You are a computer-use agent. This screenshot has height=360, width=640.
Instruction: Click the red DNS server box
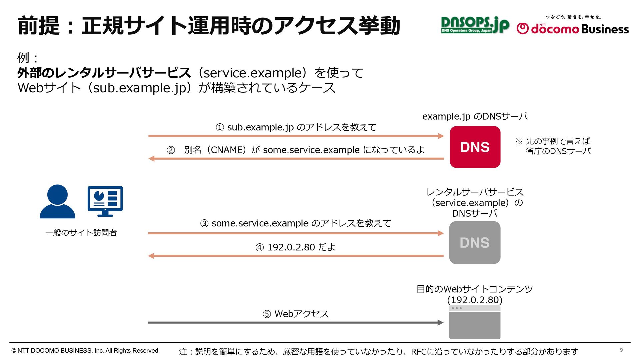475,147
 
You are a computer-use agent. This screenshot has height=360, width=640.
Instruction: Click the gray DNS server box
475,243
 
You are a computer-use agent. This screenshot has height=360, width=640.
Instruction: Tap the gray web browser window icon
475,322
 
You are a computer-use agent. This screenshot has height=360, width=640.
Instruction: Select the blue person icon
57,202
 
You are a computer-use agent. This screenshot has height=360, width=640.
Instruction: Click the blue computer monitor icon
105,201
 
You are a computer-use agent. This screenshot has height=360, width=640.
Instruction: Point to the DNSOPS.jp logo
475,25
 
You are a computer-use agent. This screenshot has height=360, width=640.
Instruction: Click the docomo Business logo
573,28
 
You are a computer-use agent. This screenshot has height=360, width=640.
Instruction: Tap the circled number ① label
220,128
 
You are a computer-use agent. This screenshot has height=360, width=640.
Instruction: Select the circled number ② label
171,150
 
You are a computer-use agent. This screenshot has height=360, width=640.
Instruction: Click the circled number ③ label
204,224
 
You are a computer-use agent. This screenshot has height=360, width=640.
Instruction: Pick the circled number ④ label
260,248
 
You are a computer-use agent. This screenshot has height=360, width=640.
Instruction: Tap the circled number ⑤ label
267,314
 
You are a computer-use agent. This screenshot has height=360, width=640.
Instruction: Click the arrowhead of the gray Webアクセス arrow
441,322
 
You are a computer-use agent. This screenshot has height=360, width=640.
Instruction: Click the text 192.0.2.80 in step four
291,247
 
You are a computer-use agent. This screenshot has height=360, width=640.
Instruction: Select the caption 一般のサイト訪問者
81,233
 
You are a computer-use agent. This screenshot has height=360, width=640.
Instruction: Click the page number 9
621,350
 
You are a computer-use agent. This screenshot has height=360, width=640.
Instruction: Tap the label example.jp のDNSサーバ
475,116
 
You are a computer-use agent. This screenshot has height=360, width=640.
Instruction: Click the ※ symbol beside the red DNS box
519,141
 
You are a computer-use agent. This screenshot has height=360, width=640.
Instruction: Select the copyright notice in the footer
86,351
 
